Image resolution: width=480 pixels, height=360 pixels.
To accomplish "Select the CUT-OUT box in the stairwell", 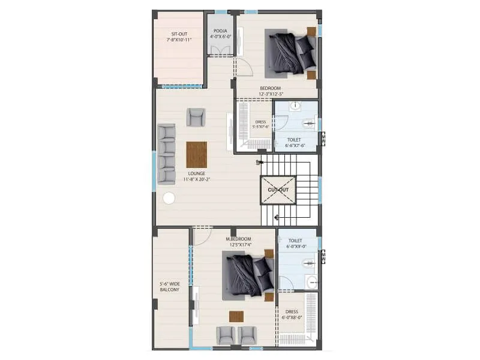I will point(278,190).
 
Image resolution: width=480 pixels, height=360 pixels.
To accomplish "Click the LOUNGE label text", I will point(196,174).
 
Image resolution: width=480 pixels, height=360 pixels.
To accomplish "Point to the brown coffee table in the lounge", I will point(196,154).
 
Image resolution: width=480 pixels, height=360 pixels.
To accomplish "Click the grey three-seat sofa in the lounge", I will point(166,153).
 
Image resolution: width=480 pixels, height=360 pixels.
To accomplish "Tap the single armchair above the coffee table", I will point(196,116).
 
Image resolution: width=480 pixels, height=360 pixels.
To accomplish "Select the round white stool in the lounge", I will point(169,198).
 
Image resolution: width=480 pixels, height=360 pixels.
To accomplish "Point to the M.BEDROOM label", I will point(238,239).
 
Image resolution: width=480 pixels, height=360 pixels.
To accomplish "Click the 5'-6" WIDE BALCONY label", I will point(169,286).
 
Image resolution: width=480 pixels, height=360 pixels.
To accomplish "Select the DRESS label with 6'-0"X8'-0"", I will point(292,315).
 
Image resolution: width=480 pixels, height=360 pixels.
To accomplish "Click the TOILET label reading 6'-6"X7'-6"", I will point(294,142).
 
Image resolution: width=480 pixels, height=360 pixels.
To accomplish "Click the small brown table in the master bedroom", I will point(236,316).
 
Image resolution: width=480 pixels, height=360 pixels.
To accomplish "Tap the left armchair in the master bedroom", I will point(226,334).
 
